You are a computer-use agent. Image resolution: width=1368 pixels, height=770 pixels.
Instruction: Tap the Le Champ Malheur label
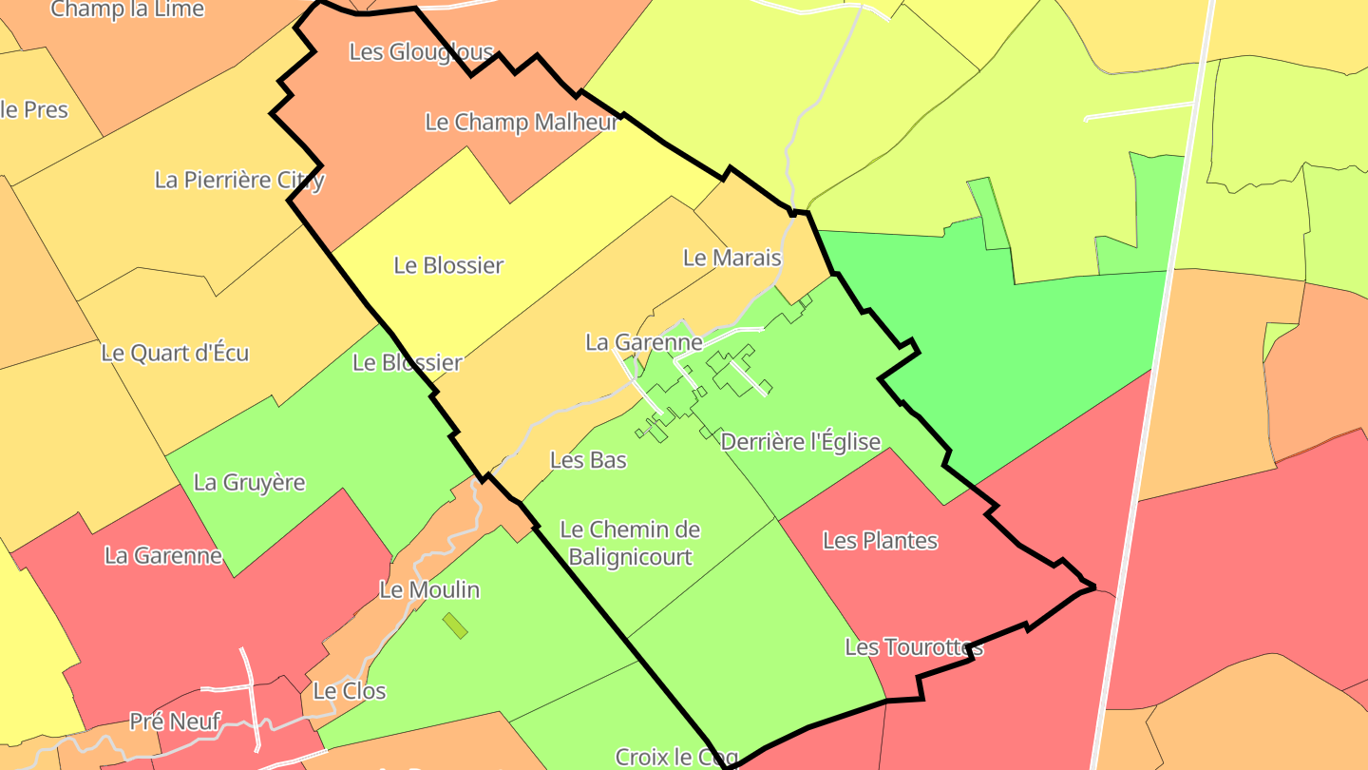[x=522, y=122]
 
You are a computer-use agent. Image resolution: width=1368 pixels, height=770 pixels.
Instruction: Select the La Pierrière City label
[x=239, y=180]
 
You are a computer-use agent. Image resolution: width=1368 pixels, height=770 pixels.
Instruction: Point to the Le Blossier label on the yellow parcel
[x=448, y=265]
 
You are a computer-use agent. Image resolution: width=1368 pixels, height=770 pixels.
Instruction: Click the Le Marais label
[x=731, y=258]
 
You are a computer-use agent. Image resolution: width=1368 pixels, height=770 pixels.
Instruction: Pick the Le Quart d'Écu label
[x=175, y=354]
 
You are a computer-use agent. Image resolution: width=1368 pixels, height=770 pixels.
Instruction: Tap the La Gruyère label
[x=249, y=482]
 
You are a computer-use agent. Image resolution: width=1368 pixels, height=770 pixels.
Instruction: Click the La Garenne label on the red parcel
[x=163, y=555]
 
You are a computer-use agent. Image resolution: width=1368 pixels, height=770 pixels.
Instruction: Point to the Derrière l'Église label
[x=800, y=442]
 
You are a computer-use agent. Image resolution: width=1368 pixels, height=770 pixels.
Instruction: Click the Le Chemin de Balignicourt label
[x=630, y=543]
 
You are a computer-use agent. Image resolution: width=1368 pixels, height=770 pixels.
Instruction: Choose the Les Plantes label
[x=880, y=541]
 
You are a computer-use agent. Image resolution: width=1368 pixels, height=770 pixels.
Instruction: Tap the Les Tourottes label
[x=913, y=647]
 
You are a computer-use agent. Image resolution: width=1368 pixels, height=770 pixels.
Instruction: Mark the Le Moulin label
[x=429, y=590]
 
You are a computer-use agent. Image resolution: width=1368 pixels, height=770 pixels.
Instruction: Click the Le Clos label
[x=349, y=691]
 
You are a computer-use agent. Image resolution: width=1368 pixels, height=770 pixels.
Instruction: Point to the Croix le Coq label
[x=676, y=757]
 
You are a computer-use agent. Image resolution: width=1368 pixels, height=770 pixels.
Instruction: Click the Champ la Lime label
[x=127, y=10]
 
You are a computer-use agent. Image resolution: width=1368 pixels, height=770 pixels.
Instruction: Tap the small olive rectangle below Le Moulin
[x=455, y=626]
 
